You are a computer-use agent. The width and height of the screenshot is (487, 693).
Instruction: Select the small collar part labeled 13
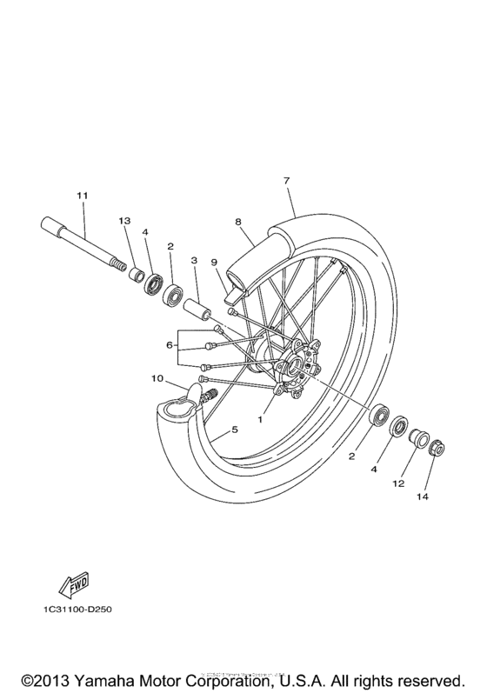[137, 276]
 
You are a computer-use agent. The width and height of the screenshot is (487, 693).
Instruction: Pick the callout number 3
[193, 260]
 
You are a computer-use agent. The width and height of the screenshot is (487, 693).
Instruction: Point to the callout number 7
[285, 180]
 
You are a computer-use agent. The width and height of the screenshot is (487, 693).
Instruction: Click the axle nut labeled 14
[438, 449]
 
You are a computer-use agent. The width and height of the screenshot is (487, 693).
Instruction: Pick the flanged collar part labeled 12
[418, 435]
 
